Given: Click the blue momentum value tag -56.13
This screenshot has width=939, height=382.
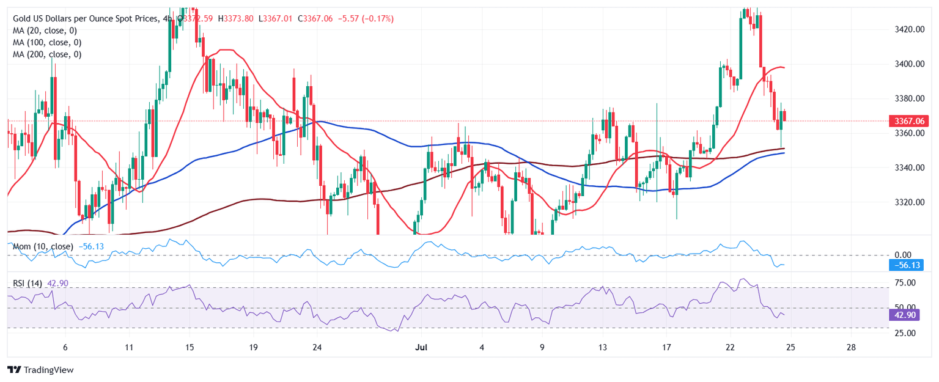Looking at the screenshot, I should click(x=906, y=265).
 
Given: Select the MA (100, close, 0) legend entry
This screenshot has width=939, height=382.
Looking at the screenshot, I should click(x=47, y=43).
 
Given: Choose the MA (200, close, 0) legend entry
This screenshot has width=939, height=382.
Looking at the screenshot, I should click(x=47, y=54).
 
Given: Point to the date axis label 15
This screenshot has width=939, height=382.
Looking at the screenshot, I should click(x=189, y=348).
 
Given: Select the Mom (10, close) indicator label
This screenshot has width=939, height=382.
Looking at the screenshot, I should click(x=43, y=246).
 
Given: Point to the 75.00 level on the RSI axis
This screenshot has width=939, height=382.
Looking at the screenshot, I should click(x=903, y=283).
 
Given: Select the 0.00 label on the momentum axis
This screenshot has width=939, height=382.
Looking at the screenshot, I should click(x=902, y=254).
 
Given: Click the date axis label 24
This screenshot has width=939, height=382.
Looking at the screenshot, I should click(x=317, y=348).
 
